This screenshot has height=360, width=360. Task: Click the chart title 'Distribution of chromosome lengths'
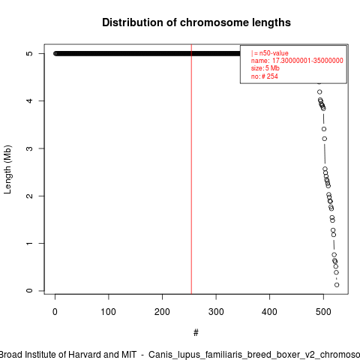[196, 22]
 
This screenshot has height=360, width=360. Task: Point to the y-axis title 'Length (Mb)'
[7, 169]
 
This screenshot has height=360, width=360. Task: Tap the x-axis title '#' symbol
[196, 333]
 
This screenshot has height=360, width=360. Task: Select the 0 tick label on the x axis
[55, 312]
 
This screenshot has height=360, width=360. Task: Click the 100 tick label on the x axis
[109, 312]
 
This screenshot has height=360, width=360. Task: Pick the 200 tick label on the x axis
[162, 312]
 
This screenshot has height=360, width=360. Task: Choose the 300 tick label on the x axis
[216, 312]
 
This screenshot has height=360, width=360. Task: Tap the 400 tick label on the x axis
[269, 312]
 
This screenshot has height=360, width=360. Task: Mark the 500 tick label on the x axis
[323, 312]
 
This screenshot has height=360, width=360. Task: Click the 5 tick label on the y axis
[29, 53]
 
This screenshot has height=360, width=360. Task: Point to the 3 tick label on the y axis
[29, 148]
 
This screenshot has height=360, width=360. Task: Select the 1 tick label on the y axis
[29, 243]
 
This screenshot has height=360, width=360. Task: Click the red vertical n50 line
[191, 169]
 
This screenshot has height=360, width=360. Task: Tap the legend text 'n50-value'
[274, 53]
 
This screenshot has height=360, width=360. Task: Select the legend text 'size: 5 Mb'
[265, 68]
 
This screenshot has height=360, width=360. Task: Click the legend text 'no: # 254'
[265, 76]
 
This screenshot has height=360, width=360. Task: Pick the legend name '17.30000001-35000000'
[307, 61]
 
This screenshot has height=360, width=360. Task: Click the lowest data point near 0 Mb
[337, 285]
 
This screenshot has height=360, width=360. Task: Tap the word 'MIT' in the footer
[129, 355]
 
